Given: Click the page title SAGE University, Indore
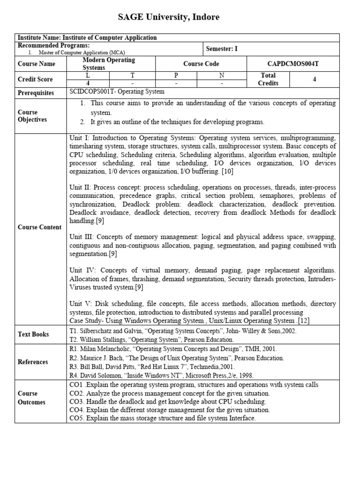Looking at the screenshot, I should point(168,17).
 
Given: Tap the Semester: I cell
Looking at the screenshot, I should point(222,49).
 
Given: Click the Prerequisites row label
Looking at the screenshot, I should point(36,93).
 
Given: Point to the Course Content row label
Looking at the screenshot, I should point(39,227).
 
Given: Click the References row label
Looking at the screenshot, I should point(33,362).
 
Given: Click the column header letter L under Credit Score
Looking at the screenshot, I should point(89,75).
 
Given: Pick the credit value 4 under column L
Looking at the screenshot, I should point(89,83).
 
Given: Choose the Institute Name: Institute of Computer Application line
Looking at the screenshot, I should point(87,37).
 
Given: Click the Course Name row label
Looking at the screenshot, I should point(36,64).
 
